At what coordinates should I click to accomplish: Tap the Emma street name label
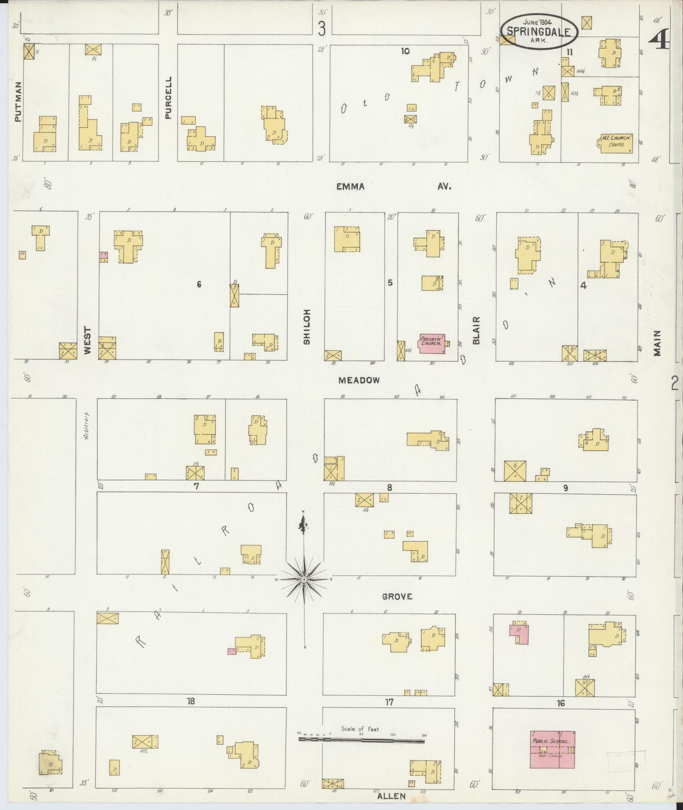pos(350,187)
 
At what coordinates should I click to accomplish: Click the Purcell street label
pos(168,97)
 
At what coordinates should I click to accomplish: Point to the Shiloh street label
pos(307,327)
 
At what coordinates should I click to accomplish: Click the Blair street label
pos(476,330)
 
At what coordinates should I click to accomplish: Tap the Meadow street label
pos(359,380)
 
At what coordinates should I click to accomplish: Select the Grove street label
pos(397,596)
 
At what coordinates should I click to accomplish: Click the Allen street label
pos(391,796)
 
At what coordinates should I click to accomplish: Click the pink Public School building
pos(552,750)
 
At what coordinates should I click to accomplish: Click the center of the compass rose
pos(304,579)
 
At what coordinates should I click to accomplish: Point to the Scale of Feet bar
pos(361,740)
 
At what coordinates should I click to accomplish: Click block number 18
pos(190,701)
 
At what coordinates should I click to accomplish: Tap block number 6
pos(199,284)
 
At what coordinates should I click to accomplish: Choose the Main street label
pos(657,343)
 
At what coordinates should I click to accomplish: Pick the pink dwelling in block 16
pos(520,634)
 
